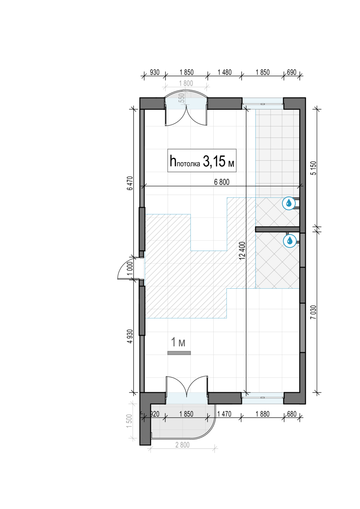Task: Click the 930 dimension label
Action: pyautogui.click(x=155, y=72)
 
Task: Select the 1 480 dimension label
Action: pyautogui.click(x=224, y=72)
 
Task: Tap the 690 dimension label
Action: pyautogui.click(x=291, y=72)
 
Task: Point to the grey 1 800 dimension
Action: pyautogui.click(x=186, y=83)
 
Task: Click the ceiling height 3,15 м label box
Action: pyautogui.click(x=202, y=161)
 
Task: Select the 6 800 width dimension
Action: pyautogui.click(x=222, y=182)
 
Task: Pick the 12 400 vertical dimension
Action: pyautogui.click(x=242, y=251)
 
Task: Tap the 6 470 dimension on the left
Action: pyautogui.click(x=130, y=183)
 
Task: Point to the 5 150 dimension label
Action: pyautogui.click(x=313, y=168)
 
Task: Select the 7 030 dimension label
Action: pyautogui.click(x=313, y=312)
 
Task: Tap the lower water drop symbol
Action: pyautogui.click(x=290, y=240)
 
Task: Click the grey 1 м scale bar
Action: pyautogui.click(x=179, y=353)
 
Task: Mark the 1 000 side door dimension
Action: pyautogui.click(x=130, y=268)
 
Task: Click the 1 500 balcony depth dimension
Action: pyautogui.click(x=129, y=421)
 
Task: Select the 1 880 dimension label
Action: pyautogui.click(x=263, y=414)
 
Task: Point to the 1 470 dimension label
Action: pyautogui.click(x=224, y=414)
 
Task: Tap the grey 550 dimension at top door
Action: pyautogui.click(x=182, y=98)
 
